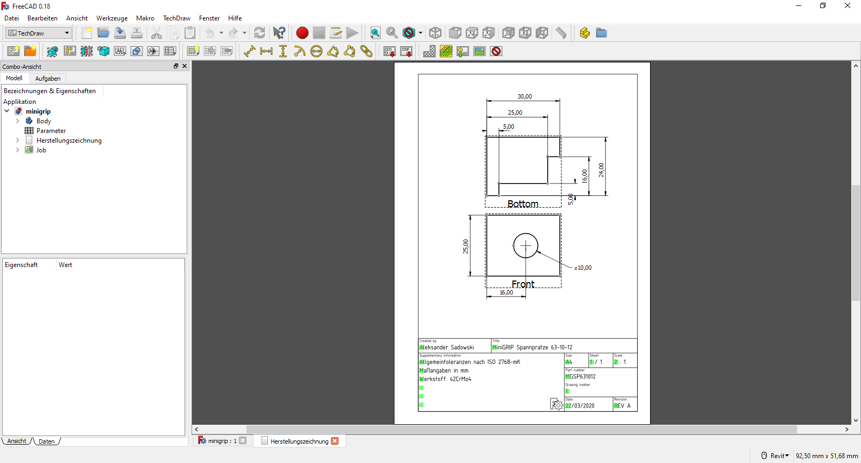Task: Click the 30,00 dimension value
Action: (525, 96)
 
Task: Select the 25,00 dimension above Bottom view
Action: (515, 113)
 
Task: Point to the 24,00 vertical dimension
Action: (601, 170)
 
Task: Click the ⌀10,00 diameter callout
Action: (583, 268)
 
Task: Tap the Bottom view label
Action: (523, 204)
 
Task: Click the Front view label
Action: (523, 284)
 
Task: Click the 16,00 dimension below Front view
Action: (506, 292)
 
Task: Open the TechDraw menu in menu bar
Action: (177, 18)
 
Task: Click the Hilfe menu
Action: (235, 18)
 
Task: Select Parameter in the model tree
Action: (51, 131)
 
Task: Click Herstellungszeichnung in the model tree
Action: (69, 141)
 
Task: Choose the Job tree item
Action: (41, 150)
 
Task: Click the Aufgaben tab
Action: (48, 79)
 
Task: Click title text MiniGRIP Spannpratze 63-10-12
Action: (532, 347)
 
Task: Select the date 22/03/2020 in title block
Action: (580, 406)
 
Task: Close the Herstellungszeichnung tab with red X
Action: (335, 441)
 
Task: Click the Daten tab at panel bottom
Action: (47, 441)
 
